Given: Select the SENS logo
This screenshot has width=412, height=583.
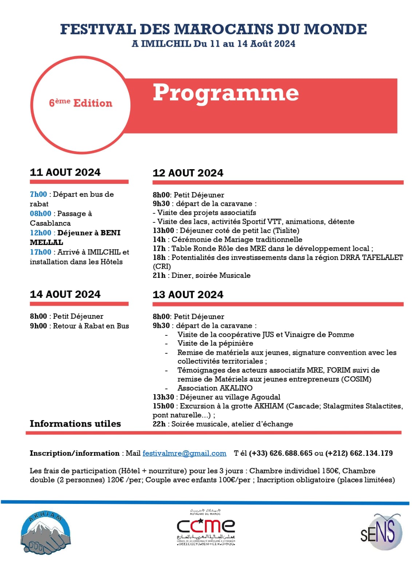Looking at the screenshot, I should click(381, 532).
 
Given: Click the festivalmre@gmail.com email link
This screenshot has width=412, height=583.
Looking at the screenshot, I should click(184, 453).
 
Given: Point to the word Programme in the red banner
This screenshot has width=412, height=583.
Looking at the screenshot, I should click(226, 93).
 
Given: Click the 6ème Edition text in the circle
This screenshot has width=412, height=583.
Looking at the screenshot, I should click(80, 103).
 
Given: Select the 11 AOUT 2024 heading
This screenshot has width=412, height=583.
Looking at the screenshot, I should click(65, 172).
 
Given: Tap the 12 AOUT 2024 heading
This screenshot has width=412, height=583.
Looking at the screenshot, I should click(188, 173).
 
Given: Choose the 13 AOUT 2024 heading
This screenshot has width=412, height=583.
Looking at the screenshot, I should click(188, 295).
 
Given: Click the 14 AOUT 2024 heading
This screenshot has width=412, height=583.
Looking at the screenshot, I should click(65, 294).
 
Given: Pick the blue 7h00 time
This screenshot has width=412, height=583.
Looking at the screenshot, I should click(38, 194).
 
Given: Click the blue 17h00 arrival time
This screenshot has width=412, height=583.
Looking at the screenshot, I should click(40, 252).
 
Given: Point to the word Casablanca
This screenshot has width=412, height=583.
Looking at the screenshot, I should click(50, 223).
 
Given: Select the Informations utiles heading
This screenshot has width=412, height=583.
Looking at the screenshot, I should click(75, 424).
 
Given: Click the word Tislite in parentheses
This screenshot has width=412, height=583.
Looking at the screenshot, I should click(286, 230).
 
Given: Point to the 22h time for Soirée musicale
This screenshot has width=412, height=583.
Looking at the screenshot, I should click(159, 424).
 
